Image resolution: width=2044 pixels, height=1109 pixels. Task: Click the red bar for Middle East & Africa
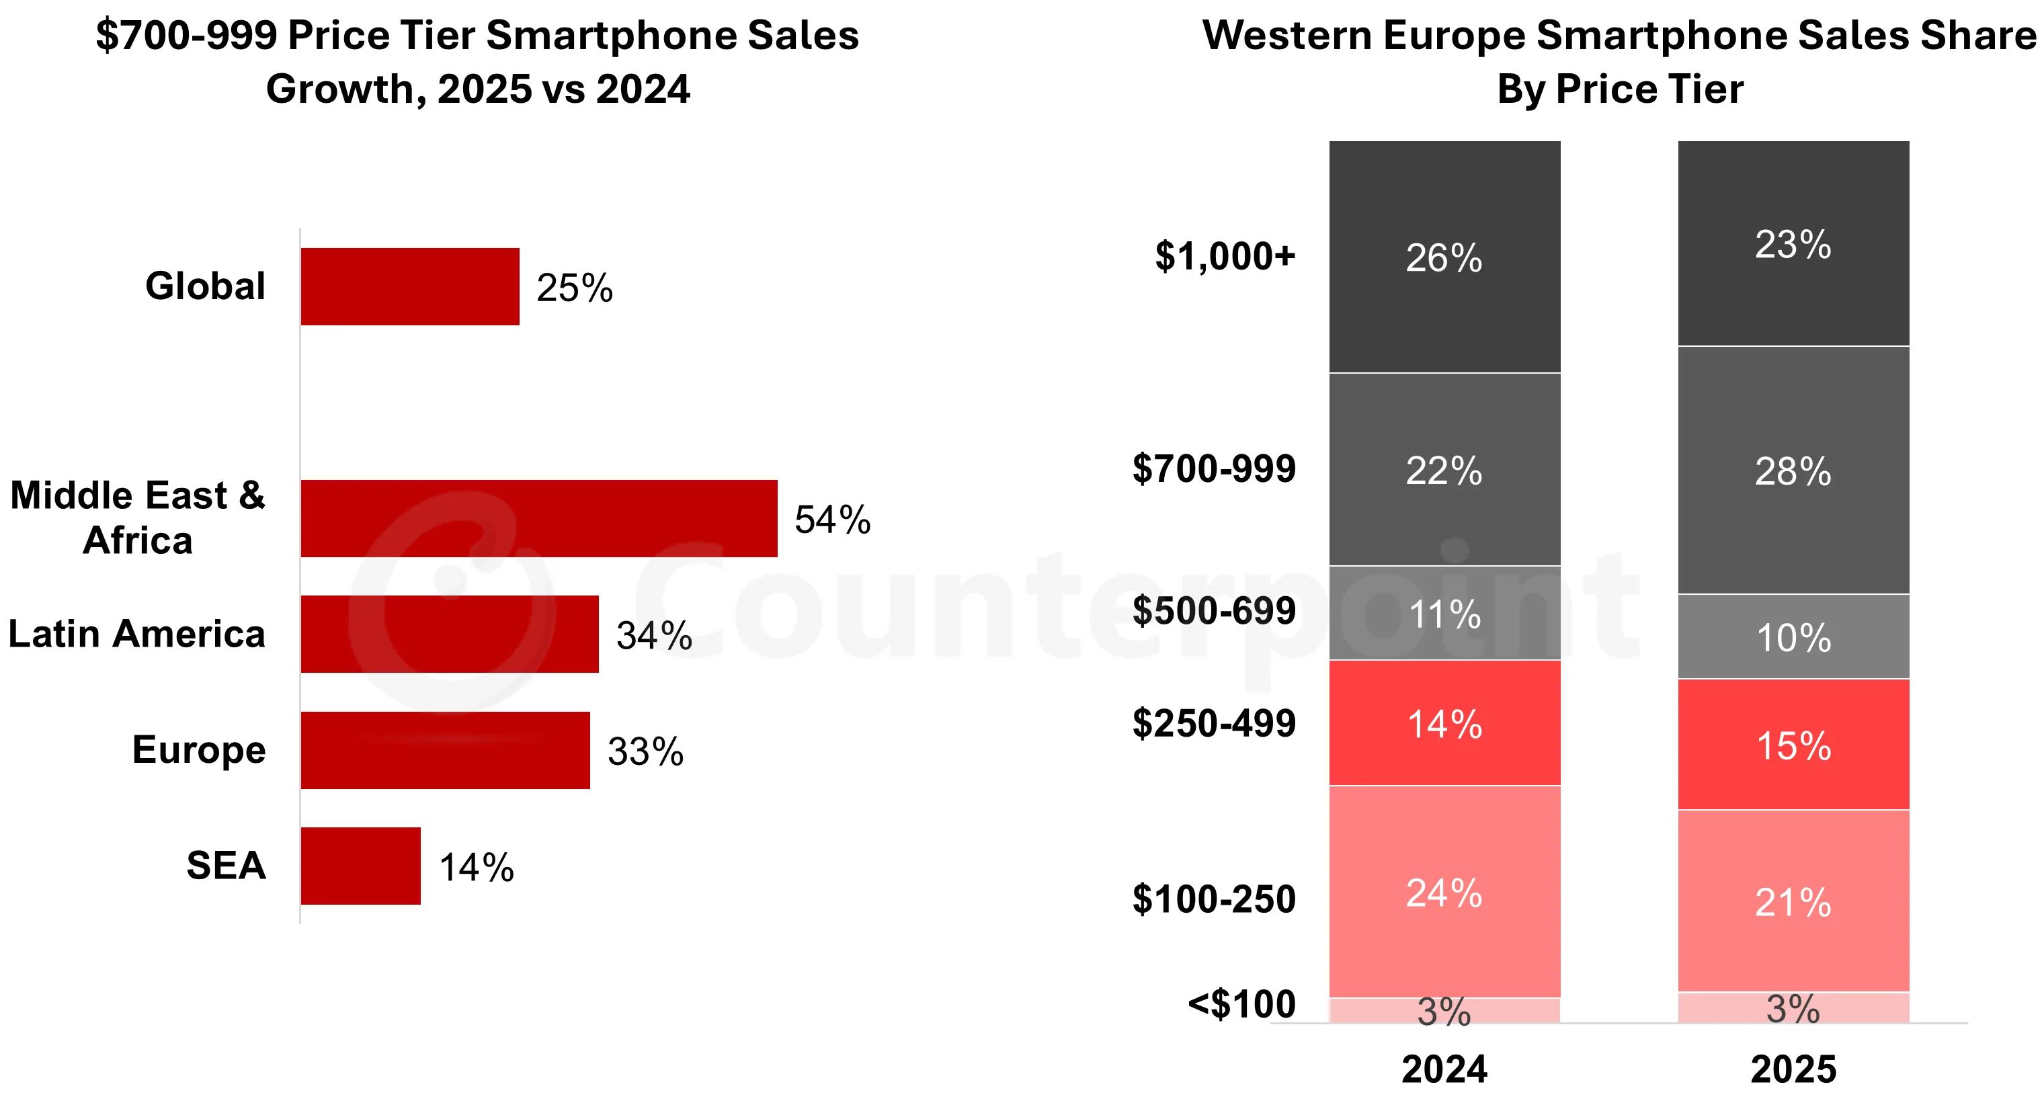[539, 518]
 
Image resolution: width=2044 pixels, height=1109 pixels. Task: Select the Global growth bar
[409, 286]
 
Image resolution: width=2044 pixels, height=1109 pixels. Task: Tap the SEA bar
[360, 866]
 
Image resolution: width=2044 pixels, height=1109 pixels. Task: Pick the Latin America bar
[449, 634]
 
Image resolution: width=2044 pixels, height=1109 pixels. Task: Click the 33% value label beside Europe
[645, 751]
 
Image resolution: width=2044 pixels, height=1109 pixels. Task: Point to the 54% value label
[832, 520]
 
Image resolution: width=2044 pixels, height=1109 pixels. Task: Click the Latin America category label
[136, 634]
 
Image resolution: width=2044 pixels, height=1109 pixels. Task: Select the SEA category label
[225, 866]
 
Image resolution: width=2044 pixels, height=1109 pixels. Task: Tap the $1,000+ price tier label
[1225, 256]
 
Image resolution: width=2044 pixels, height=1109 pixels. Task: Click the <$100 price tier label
[1241, 1004]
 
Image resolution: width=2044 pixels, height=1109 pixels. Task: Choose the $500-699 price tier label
[1213, 610]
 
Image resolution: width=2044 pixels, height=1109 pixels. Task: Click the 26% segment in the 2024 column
[1444, 257]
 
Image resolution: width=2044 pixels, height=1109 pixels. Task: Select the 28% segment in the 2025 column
[1793, 470]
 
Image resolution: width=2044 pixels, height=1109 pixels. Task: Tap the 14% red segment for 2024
[1444, 723]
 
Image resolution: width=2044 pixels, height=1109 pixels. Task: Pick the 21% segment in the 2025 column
[1793, 902]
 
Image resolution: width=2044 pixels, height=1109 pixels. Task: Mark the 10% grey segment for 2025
[1793, 637]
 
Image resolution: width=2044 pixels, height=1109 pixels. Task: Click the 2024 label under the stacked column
[1444, 1069]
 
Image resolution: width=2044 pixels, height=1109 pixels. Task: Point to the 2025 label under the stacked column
[1793, 1069]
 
